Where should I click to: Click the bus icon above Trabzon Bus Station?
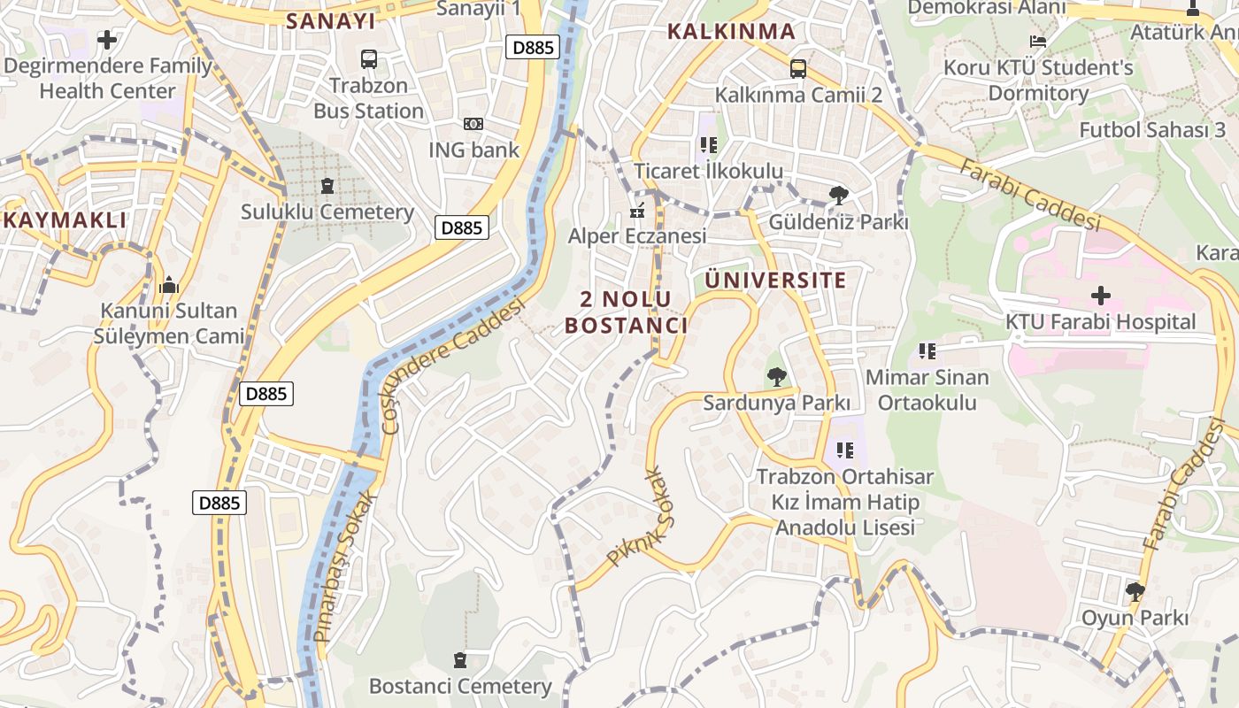369,59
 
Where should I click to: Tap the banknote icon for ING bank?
473,124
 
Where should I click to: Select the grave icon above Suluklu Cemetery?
327,186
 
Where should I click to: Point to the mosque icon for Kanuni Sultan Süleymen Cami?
168,285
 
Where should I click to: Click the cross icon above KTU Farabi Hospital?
1100,296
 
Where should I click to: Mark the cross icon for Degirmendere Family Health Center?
107,40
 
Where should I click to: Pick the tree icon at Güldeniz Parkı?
838,196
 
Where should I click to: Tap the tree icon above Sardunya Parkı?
776,377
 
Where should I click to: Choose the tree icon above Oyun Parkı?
1135,591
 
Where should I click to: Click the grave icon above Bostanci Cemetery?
459,660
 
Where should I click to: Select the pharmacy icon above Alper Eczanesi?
636,211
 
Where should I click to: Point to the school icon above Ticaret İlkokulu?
708,144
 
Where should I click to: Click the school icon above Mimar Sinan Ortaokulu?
927,351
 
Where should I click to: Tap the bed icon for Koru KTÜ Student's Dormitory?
1037,41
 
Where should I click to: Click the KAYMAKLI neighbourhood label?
65,220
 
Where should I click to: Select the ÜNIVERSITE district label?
775,281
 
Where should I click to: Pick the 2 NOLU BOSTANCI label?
627,312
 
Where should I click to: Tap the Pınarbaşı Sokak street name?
346,566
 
